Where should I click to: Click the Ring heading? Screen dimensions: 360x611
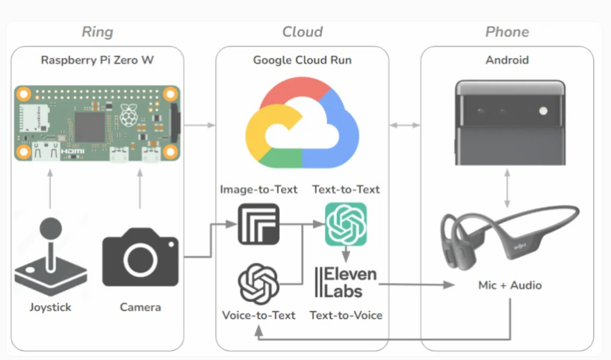click(97, 32)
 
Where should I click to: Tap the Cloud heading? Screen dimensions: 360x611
click(302, 32)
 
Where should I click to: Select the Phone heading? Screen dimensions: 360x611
click(507, 32)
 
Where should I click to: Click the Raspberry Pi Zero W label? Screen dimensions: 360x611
click(97, 59)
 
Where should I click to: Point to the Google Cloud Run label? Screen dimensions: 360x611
click(302, 59)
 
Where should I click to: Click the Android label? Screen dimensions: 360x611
click(507, 59)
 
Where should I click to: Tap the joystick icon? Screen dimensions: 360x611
click(51, 256)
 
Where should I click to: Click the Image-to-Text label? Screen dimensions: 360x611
click(259, 189)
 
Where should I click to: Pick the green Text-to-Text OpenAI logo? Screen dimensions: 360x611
click(345, 223)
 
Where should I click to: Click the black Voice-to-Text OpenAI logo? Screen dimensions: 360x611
click(259, 283)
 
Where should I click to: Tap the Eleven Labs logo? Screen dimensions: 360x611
click(345, 283)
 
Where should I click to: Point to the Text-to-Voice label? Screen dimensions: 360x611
click(345, 315)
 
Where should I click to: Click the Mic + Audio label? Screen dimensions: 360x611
click(509, 286)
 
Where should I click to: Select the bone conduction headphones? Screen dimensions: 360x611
click(509, 233)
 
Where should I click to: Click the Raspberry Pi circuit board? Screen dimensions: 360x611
click(97, 124)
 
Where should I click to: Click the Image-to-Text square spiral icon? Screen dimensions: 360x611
click(259, 224)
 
